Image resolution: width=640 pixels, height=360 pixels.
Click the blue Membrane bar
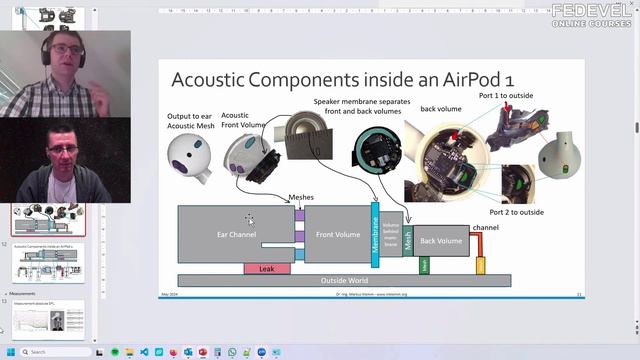point(375,240)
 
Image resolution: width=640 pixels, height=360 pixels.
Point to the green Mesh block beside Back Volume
point(408,240)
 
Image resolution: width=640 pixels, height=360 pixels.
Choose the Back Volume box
point(441,241)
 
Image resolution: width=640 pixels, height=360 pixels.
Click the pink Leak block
point(266,268)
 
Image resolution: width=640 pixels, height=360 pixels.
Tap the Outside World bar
point(343,281)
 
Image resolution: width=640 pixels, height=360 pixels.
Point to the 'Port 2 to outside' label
point(517,212)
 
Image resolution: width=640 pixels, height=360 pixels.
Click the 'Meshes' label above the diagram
point(300,198)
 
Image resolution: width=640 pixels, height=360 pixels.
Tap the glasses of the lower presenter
point(62,149)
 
